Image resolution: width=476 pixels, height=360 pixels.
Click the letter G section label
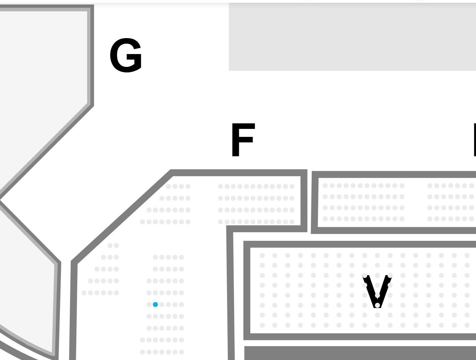coord(126,55)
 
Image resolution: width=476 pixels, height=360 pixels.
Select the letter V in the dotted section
coord(377,290)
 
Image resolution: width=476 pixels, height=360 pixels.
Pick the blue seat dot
coord(155,305)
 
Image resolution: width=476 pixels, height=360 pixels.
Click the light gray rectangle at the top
coord(352,37)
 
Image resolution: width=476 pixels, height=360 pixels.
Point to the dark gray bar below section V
coord(360,353)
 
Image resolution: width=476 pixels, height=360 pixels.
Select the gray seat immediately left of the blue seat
coord(149,305)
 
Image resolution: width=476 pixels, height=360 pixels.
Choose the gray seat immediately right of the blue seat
coord(162,305)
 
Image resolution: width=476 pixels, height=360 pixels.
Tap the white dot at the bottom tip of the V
coord(377,305)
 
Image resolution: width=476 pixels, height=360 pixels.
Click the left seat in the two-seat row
coord(110,246)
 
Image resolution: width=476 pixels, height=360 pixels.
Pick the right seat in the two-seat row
coord(116,246)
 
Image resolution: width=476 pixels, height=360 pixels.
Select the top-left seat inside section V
coord(262,256)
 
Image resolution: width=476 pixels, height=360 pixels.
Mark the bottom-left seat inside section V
coord(262,325)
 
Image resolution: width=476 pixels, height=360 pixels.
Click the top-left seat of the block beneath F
coord(220,186)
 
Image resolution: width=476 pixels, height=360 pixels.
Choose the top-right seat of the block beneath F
coord(292,186)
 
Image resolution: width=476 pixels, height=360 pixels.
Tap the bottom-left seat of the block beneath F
coord(220,222)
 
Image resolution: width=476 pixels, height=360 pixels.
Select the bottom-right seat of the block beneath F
coord(292,222)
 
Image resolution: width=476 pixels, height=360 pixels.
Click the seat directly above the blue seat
coord(155,293)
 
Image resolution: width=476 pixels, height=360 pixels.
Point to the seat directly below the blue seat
coord(155,316)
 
